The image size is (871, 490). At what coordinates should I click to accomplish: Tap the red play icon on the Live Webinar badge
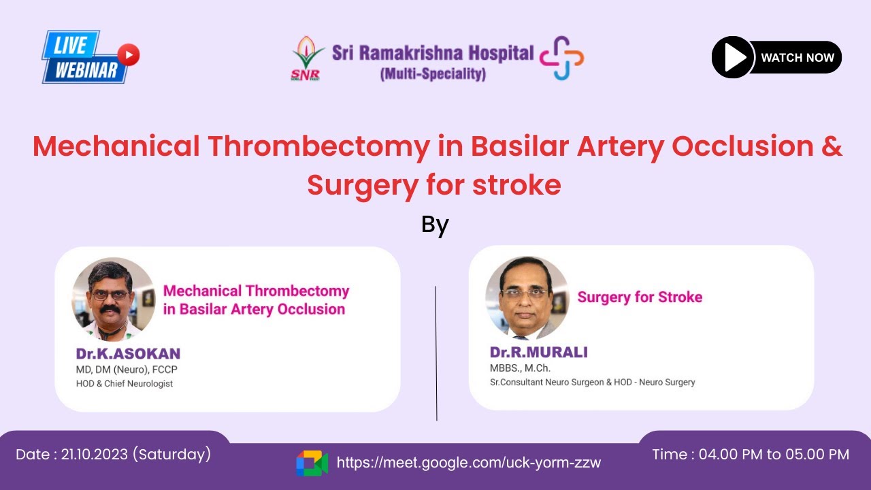coord(128,54)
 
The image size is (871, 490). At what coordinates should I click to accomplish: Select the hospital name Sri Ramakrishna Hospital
coord(433,52)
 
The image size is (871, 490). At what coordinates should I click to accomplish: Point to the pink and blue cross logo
coord(562,58)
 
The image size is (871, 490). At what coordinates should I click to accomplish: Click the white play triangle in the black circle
coord(734,58)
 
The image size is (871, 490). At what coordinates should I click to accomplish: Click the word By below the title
coord(435,224)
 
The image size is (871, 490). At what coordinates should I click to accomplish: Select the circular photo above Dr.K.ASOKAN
coord(113,298)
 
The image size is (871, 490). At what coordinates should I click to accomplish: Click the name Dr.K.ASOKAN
coord(128,354)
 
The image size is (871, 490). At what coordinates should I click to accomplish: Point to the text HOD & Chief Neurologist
coord(125,384)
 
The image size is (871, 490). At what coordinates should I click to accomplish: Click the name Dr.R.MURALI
coord(538,352)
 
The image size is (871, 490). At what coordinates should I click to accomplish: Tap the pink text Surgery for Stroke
coord(640,297)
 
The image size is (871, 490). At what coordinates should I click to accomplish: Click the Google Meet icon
coord(312,463)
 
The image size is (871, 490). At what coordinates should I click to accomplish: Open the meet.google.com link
coord(469,463)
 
